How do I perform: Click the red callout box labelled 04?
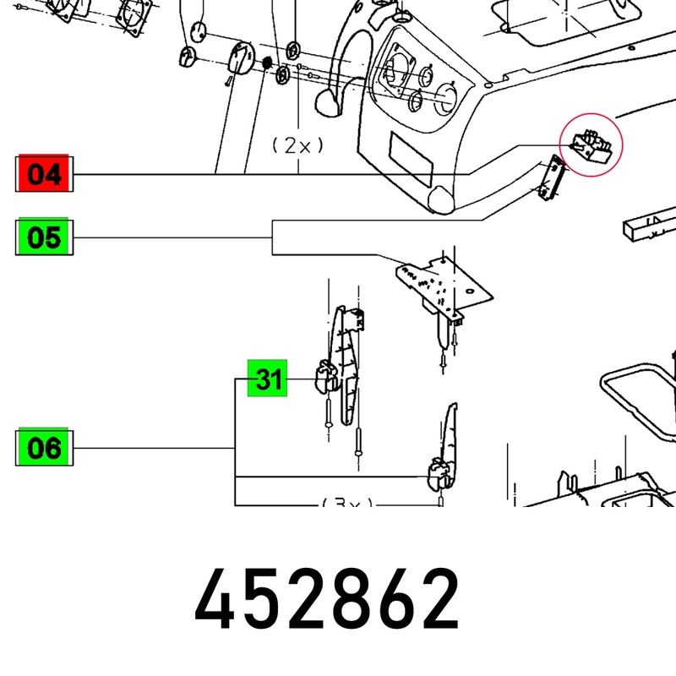(44, 173)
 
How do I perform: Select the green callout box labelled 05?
(44, 237)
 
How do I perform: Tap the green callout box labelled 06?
(44, 447)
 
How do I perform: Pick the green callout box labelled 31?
(267, 378)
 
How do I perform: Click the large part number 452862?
(327, 599)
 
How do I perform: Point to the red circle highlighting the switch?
(591, 144)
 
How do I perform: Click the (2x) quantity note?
(297, 145)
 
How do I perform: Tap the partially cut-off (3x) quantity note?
(347, 502)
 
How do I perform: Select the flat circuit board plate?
(444, 285)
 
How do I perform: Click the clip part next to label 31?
(326, 377)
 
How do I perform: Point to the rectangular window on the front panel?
(411, 159)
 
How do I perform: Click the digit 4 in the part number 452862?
(215, 599)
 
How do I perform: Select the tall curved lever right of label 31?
(345, 365)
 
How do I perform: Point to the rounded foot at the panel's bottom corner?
(441, 199)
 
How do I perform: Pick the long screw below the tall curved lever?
(357, 442)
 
